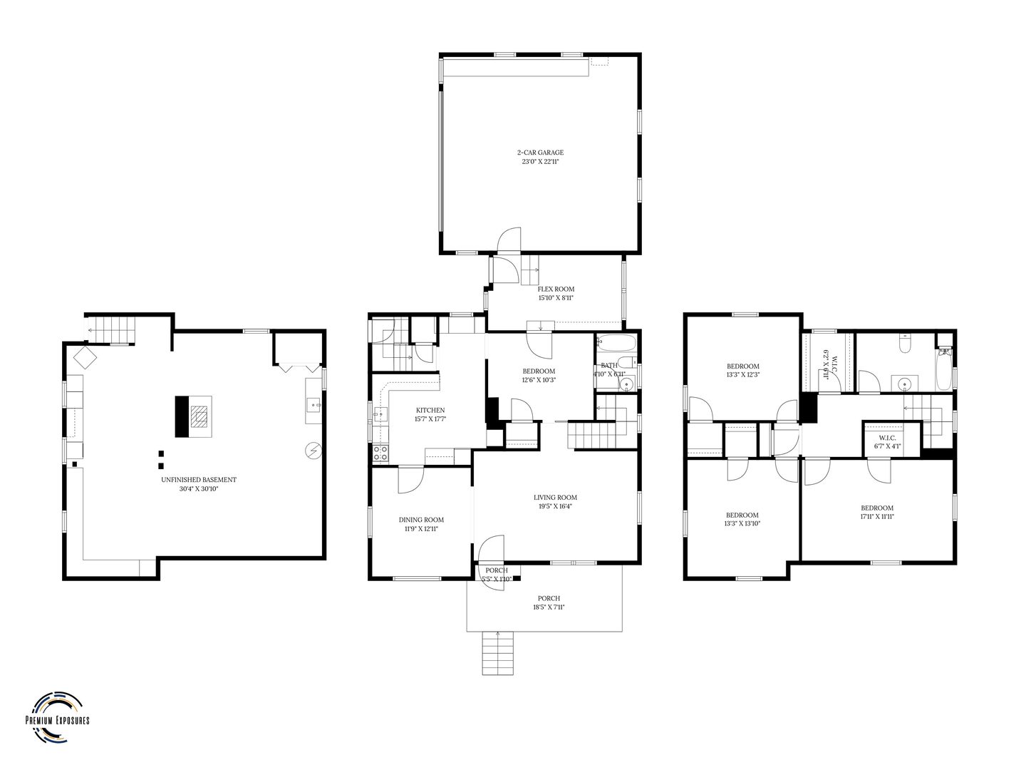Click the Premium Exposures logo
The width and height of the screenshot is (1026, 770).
click(x=57, y=709)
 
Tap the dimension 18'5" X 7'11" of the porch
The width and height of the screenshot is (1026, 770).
click(x=549, y=607)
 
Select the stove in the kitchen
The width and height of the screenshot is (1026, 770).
click(x=380, y=451)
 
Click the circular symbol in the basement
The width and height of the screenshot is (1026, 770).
click(x=313, y=451)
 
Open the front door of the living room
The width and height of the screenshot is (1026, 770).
click(x=490, y=549)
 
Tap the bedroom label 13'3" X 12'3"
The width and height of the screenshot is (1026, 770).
click(x=742, y=370)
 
